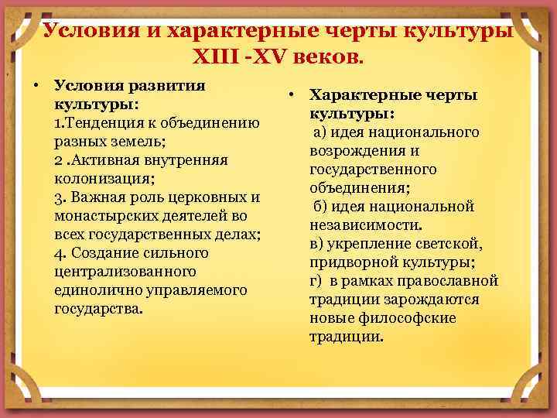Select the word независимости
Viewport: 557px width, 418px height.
coord(365,225)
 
